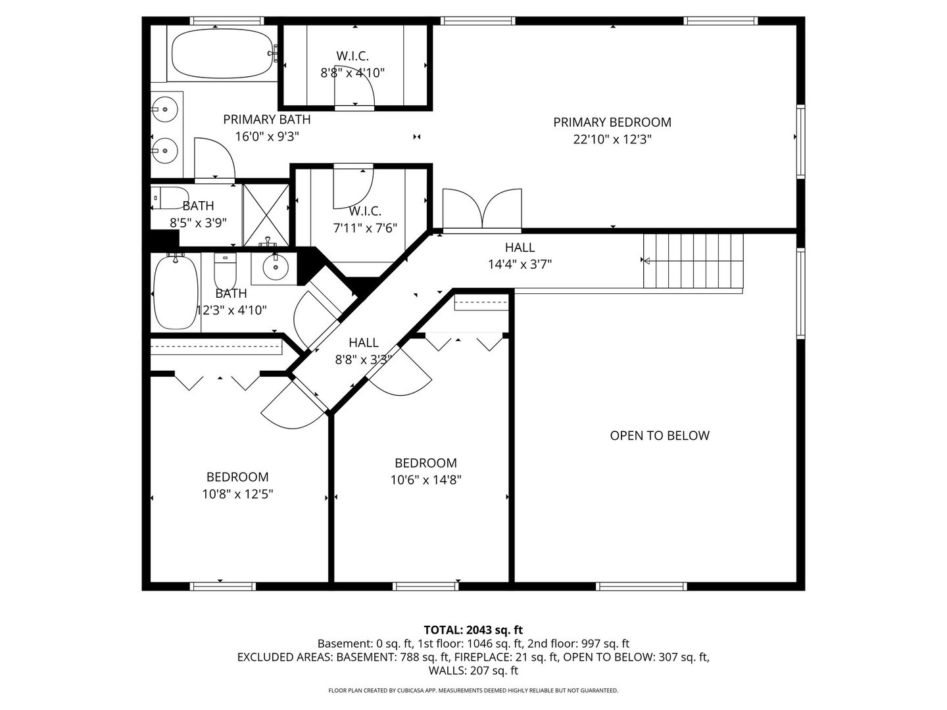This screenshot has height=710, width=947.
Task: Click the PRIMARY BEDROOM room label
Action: tap(612, 122)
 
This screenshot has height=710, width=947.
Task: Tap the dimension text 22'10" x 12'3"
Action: tap(612, 139)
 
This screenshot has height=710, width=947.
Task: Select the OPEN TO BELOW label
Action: tap(660, 435)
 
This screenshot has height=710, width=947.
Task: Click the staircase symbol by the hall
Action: tap(693, 261)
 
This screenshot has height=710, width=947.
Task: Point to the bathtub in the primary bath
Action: tap(222, 53)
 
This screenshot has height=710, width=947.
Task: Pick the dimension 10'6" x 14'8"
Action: tap(425, 480)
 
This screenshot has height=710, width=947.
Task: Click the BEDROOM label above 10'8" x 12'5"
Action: tap(237, 477)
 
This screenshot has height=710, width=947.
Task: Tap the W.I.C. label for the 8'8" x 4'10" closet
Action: tap(352, 56)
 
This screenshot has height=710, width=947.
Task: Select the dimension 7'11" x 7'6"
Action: tap(365, 228)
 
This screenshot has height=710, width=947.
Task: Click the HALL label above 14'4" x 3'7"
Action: tap(520, 248)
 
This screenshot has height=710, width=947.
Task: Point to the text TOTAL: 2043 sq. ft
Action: tap(473, 630)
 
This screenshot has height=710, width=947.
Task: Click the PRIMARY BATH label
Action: tap(266, 120)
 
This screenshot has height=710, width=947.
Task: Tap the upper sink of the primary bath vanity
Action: tap(165, 109)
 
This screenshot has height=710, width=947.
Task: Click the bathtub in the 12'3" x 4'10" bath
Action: tap(176, 292)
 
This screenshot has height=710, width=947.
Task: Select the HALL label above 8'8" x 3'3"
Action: tap(363, 343)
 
